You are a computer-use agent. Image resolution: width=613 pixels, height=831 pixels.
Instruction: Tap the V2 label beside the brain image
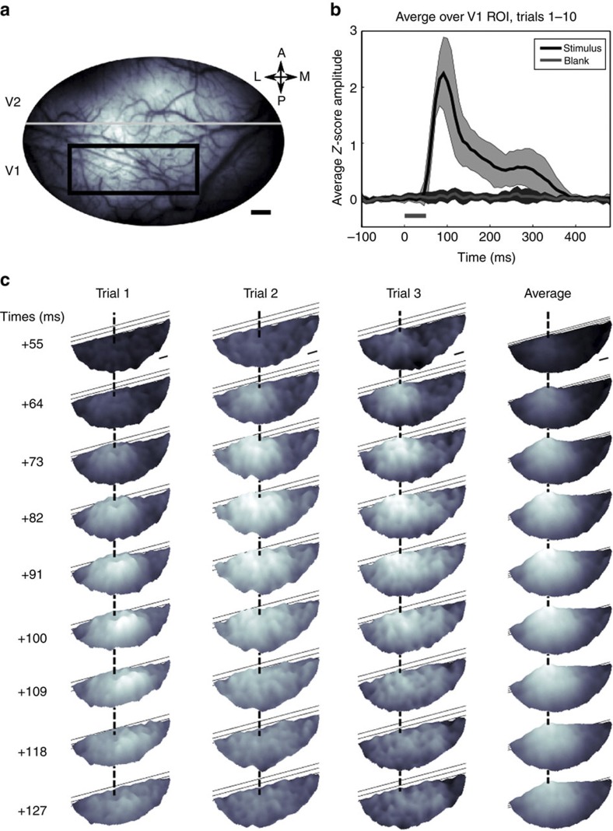click(13, 101)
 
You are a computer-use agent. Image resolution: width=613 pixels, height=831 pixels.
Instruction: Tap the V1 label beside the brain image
click(13, 169)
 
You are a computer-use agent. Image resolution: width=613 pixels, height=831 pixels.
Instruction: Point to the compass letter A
click(281, 51)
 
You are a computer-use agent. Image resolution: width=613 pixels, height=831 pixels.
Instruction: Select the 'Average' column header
click(549, 293)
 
